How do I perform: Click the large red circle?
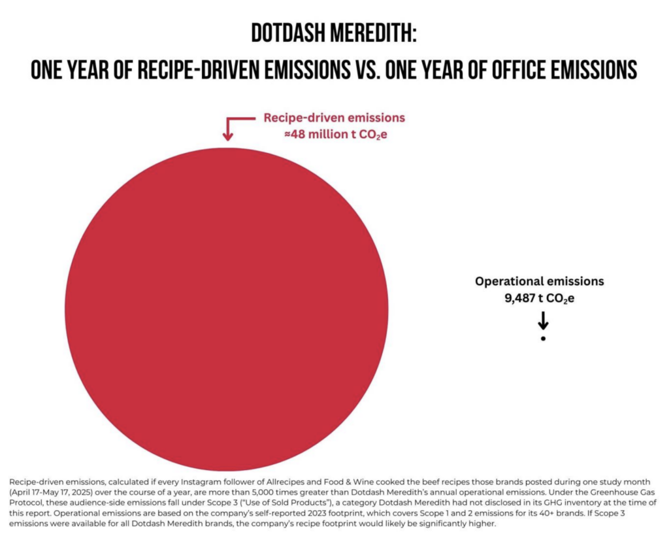click(x=226, y=308)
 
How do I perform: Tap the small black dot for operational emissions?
click(x=543, y=339)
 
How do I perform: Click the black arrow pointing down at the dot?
click(x=543, y=321)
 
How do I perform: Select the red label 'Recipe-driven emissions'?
click(x=334, y=118)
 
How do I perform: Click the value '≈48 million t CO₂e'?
click(x=334, y=135)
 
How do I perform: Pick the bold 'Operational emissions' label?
click(x=540, y=282)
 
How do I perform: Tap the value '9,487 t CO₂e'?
click(x=540, y=299)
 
